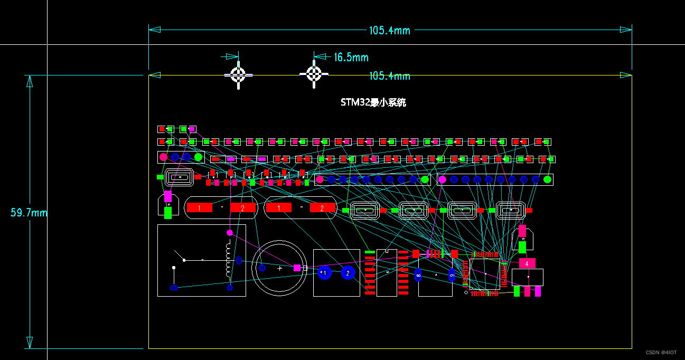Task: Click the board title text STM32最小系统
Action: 373,103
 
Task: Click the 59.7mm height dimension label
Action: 29,213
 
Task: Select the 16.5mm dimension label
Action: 351,57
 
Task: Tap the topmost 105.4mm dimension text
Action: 389,31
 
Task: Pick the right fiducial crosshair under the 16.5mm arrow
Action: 314,74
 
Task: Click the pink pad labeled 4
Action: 527,263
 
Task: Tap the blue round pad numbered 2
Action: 348,273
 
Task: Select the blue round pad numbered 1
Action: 324,273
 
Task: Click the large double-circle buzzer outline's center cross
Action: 280,268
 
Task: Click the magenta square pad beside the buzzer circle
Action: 297,268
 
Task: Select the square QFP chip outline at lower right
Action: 484,274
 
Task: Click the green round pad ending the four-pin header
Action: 199,157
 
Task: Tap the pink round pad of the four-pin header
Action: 164,157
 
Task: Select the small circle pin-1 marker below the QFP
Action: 466,292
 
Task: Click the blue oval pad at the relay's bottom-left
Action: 174,288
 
